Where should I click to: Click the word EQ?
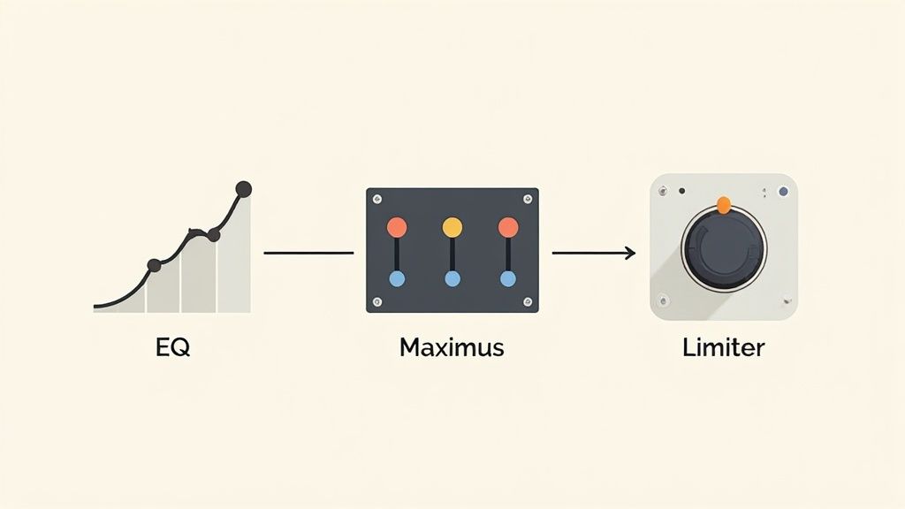point(172,347)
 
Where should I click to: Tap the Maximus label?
point(452,347)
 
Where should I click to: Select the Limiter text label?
point(723,347)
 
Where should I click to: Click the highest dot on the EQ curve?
point(244,188)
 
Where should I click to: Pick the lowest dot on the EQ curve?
point(154,264)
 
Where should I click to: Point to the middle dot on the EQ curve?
point(213,235)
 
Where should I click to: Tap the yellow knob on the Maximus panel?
point(452,227)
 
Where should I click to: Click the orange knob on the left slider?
point(397,227)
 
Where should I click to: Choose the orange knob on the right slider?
point(507,227)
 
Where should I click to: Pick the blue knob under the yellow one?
point(452,279)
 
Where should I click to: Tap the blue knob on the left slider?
point(397,279)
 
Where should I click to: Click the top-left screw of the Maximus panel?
point(377,199)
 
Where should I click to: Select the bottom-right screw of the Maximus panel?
point(527,301)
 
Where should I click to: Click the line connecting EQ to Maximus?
point(308,254)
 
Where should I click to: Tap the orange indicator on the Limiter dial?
point(723,206)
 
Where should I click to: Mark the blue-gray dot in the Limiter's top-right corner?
point(782,191)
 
